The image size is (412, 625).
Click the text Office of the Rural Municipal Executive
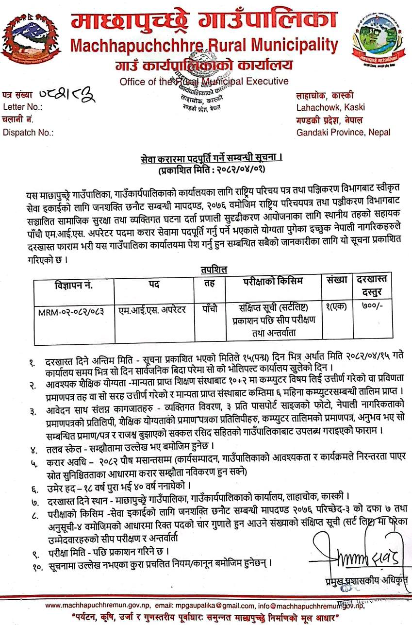tap(204, 81)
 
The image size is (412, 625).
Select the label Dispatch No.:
tap(28, 132)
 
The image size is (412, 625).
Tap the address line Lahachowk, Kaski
tap(330, 107)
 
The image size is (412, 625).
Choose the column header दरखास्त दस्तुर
tap(376, 286)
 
